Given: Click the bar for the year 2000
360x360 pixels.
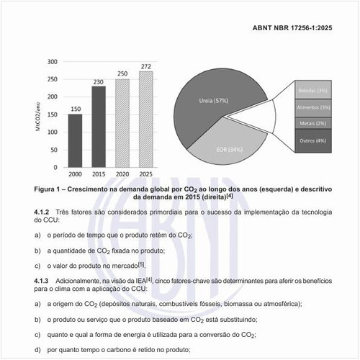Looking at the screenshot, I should tap(75, 140).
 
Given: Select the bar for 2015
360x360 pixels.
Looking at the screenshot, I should tap(98, 126).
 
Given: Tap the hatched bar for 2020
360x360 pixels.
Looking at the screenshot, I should tap(122, 122).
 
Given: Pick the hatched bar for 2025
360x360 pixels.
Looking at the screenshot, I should tap(146, 119).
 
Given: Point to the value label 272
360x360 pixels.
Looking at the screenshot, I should tap(146, 66).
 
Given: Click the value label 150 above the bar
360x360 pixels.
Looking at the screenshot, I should tap(75, 109).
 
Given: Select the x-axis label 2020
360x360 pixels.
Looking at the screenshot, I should tap(122, 175).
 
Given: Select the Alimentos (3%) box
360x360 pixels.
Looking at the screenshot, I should tap(312, 107).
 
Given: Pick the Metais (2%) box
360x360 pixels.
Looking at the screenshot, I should tap(312, 123).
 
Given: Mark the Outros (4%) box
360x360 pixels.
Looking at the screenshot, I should tap(312, 140).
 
